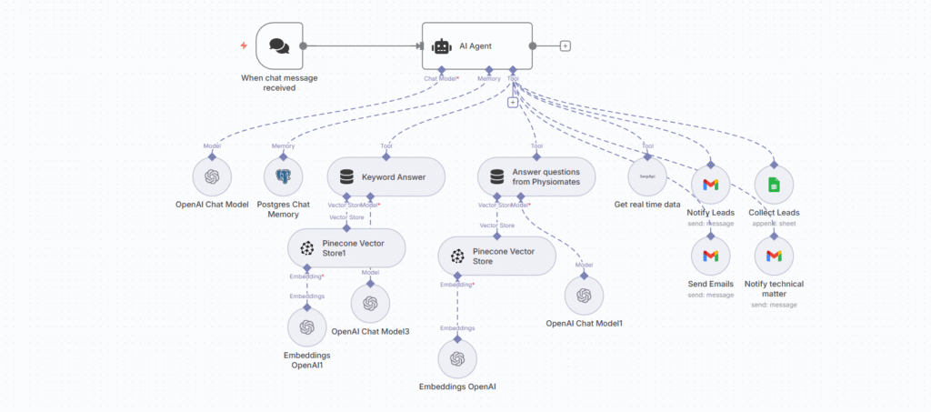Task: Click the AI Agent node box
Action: tap(477, 45)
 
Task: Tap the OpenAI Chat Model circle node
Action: tap(212, 176)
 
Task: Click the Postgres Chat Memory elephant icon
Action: tap(283, 176)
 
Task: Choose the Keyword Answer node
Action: tap(385, 176)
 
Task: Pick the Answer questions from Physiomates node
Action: tap(536, 176)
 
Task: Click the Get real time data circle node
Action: tap(647, 176)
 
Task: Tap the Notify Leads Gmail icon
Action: tap(710, 185)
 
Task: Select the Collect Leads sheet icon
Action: tap(774, 185)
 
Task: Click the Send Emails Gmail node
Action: tap(710, 255)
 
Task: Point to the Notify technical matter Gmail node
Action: tap(774, 255)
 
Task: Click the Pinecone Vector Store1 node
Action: tap(346, 247)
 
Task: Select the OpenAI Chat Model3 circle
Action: tap(370, 303)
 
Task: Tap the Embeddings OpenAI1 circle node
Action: tap(306, 327)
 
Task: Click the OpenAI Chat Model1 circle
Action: tap(584, 295)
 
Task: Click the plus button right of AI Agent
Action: tap(566, 45)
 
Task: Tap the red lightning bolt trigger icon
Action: tap(243, 45)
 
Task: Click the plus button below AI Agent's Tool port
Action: tap(513, 102)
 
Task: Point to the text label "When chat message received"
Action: tap(279, 83)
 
